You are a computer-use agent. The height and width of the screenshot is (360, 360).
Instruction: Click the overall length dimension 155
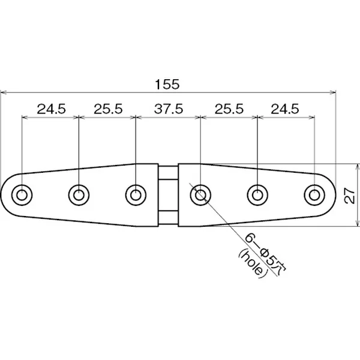pyautogui.click(x=167, y=85)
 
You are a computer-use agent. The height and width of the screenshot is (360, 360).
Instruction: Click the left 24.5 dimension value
pyautogui.click(x=51, y=109)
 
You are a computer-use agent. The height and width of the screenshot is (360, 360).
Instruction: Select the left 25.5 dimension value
pyautogui.click(x=108, y=109)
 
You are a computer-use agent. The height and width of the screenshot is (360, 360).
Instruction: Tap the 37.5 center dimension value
pyautogui.click(x=169, y=109)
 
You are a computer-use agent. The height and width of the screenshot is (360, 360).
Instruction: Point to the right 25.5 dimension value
pyautogui.click(x=229, y=109)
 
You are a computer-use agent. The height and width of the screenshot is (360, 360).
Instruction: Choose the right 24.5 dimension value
pyautogui.click(x=285, y=109)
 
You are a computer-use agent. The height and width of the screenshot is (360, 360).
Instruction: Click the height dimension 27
pyautogui.click(x=350, y=196)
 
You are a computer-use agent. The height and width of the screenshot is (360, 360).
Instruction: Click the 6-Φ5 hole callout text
pyautogui.click(x=265, y=252)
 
